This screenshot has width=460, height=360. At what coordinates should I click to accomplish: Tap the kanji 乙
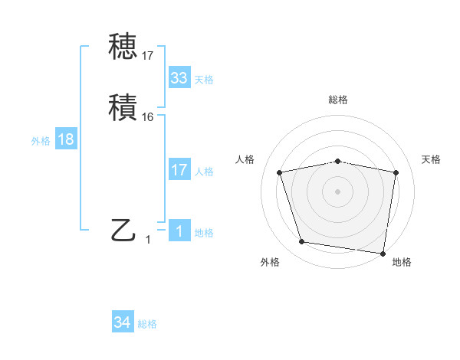tap(124, 230)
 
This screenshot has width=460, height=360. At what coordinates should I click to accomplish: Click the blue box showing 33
tap(179, 78)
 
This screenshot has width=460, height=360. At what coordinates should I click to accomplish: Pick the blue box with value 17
tap(179, 170)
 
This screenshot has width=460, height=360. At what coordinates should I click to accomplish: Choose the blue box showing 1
tap(179, 232)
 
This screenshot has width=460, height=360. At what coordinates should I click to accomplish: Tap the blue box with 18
tap(66, 139)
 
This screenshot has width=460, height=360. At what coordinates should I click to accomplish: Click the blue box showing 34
tap(123, 323)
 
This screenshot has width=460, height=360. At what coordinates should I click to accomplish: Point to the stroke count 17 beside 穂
tap(148, 56)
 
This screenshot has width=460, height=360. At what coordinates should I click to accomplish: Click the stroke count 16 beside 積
tap(148, 117)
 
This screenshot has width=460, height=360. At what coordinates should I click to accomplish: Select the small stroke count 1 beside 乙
tap(148, 240)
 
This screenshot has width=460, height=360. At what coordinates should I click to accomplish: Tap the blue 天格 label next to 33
tap(204, 80)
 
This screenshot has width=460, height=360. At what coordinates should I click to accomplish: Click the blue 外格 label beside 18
tap(41, 141)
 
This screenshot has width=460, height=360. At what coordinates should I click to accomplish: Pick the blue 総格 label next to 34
tap(147, 325)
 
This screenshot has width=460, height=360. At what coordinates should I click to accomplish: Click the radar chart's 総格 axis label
tap(338, 100)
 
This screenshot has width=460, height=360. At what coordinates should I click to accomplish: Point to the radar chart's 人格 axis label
tap(245, 159)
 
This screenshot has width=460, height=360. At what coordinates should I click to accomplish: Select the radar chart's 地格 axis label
tap(402, 262)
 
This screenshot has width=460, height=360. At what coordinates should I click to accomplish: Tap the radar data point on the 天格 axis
tap(396, 172)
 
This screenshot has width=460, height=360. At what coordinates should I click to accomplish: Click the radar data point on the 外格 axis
tap(301, 242)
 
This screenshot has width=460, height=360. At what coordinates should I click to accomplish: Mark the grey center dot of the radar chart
tap(338, 191)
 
